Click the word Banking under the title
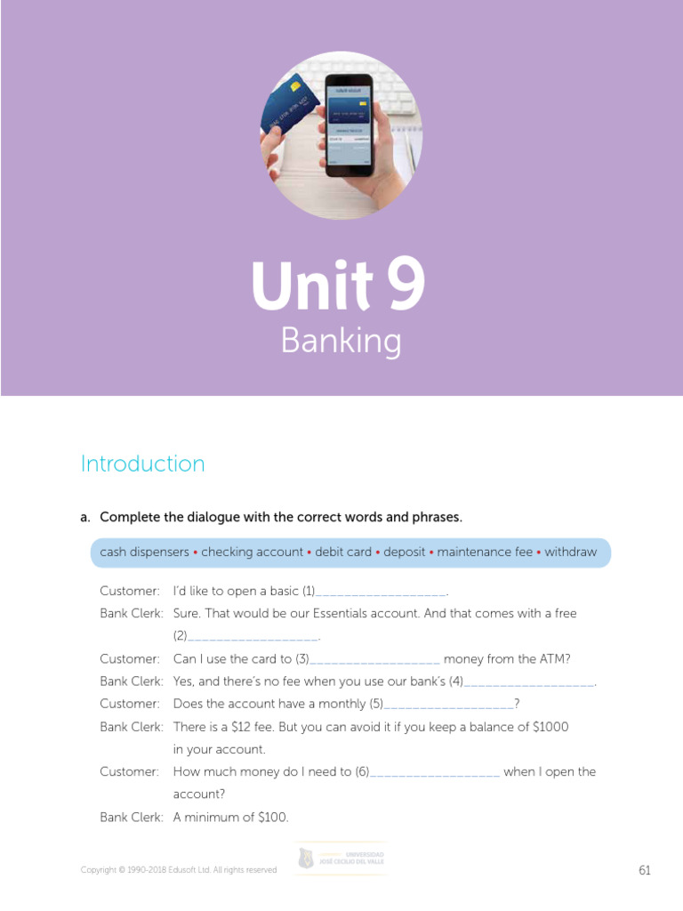341,342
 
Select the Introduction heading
142,464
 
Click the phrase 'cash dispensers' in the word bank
144,552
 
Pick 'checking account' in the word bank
252,552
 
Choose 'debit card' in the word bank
343,552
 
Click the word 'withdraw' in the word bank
570,552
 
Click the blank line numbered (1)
381,593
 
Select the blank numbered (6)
435,773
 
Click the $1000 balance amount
550,727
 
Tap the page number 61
645,870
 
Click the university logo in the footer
341,859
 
